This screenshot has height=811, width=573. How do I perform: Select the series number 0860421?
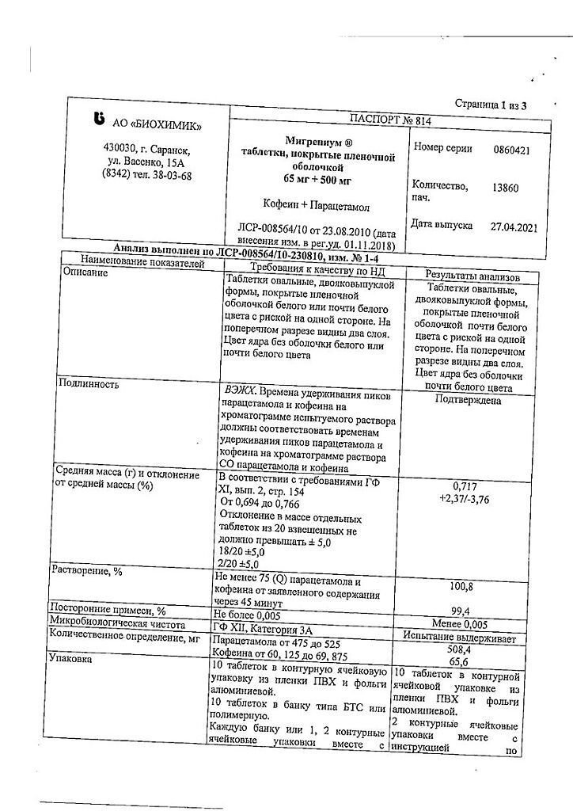tap(511, 150)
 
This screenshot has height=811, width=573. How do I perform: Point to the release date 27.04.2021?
tap(514, 227)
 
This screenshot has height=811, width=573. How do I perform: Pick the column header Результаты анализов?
tap(472, 277)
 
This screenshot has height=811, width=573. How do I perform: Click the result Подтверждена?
tap(468, 400)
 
